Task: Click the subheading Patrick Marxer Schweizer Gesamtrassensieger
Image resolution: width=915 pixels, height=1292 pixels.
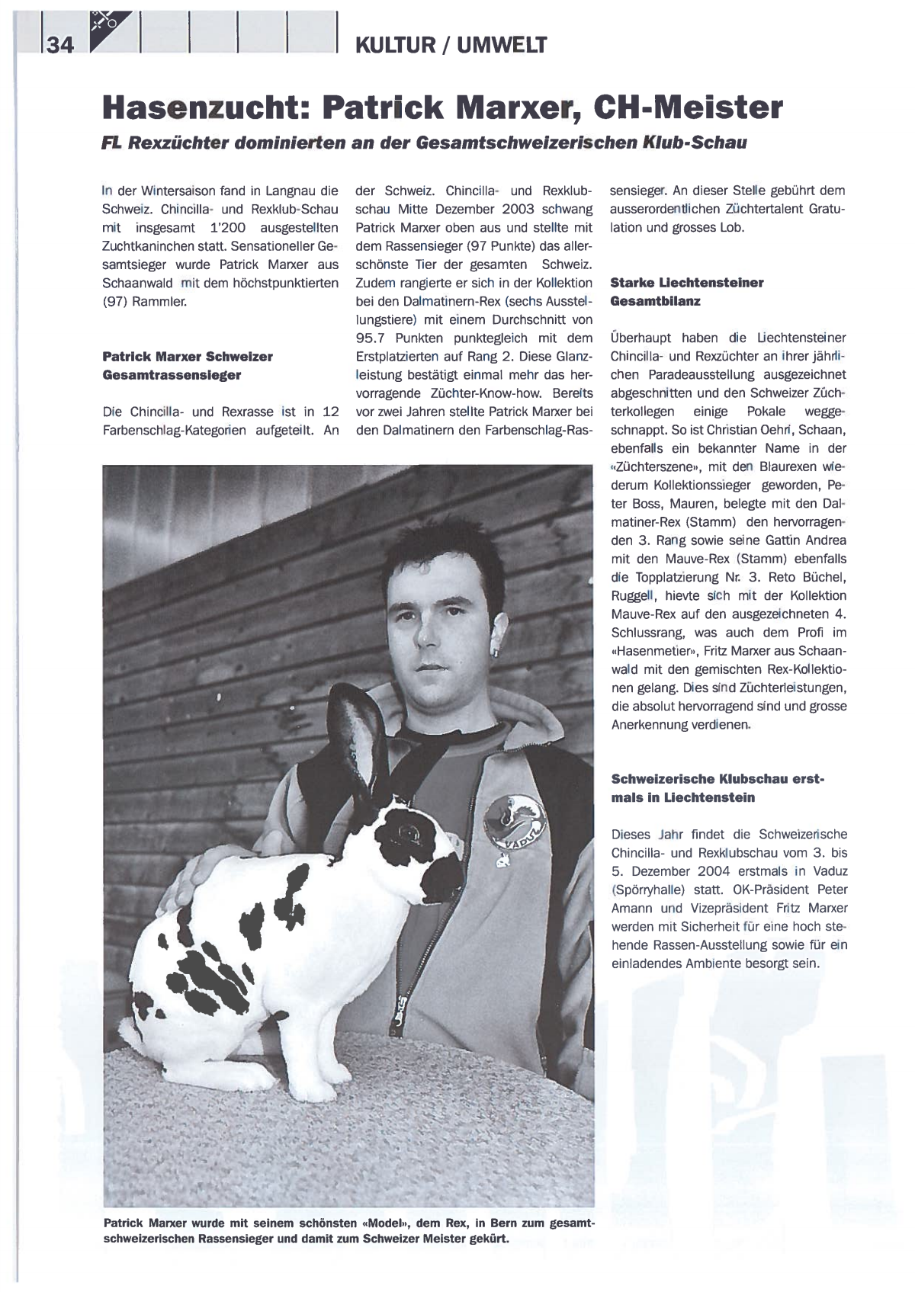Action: coord(187,366)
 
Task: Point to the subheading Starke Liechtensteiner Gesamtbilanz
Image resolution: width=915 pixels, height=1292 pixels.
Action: coord(686,292)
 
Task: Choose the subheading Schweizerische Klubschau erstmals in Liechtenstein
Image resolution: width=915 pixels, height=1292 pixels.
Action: coord(717,788)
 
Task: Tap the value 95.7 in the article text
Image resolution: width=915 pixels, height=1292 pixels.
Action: coord(374,338)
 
